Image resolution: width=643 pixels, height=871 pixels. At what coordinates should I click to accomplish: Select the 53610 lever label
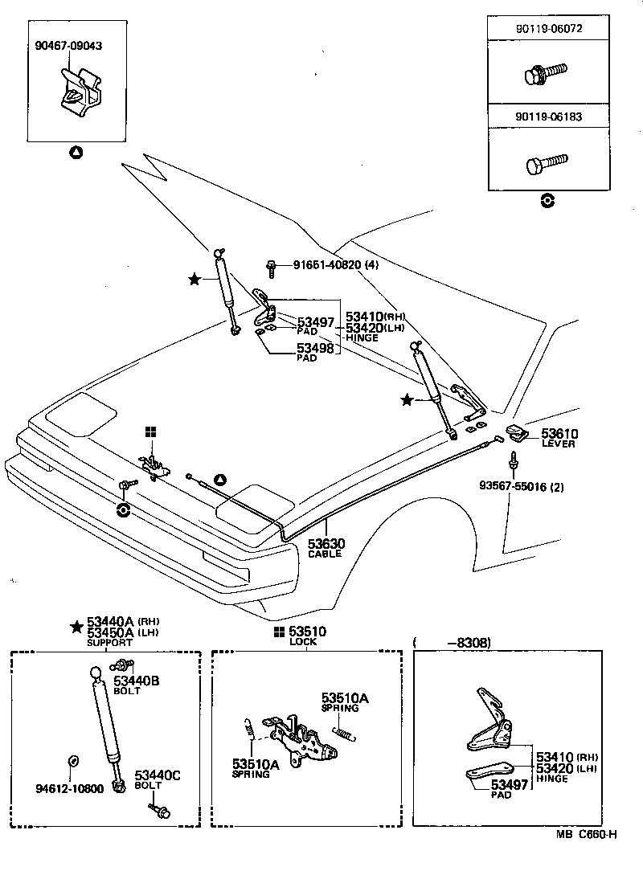click(559, 438)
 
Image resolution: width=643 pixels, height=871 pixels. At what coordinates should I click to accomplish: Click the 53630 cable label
click(325, 548)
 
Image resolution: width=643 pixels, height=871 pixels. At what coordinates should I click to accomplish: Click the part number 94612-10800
click(69, 789)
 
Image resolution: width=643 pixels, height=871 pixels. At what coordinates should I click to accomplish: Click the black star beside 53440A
click(76, 627)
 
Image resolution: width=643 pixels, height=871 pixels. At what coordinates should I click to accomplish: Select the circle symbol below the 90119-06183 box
click(547, 201)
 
